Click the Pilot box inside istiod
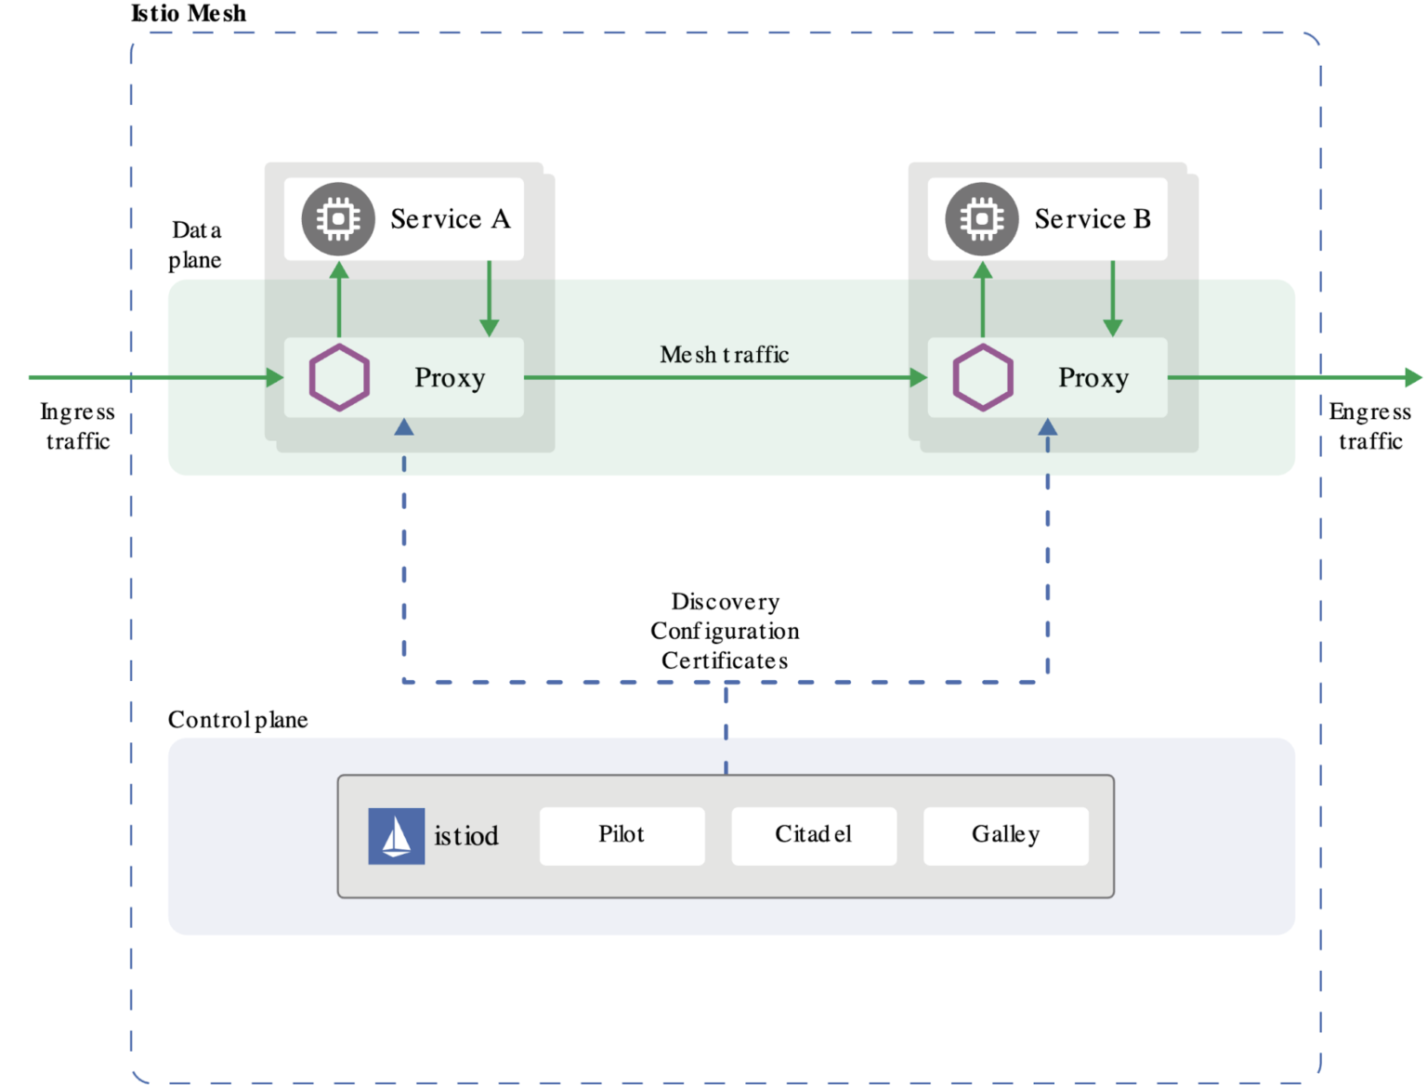(x=622, y=835)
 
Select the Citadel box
(x=814, y=835)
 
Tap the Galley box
(x=1005, y=835)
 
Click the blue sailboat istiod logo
(x=397, y=836)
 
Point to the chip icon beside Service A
(x=338, y=219)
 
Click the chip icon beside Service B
(x=982, y=219)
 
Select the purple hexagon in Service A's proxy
(x=339, y=377)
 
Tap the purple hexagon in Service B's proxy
(x=983, y=377)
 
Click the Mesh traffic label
(x=725, y=355)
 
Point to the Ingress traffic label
(x=78, y=426)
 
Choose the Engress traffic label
(x=1369, y=426)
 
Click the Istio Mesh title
(x=190, y=13)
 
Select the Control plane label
(x=238, y=720)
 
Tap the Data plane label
(x=196, y=245)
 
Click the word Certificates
(x=725, y=660)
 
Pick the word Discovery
(x=725, y=602)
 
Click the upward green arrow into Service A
(x=339, y=297)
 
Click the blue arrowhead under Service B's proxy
(x=1047, y=427)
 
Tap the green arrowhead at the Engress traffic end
(x=1413, y=377)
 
